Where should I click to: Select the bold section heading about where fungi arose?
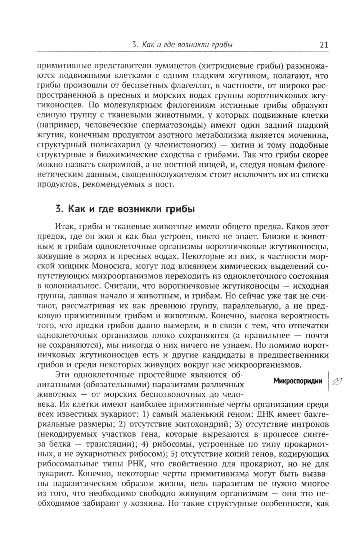coord(125,209)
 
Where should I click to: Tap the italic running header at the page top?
coord(182,45)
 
